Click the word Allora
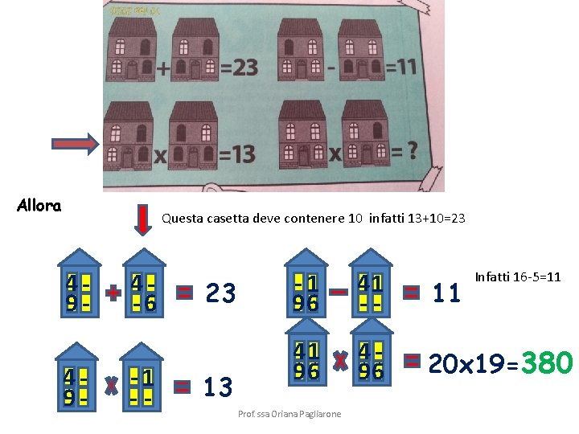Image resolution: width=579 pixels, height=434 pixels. pos(39,206)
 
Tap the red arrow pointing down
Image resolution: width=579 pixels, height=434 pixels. pos(142,220)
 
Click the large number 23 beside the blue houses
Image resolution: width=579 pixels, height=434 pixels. pos(220,293)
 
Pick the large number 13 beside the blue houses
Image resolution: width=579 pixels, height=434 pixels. pos(218,387)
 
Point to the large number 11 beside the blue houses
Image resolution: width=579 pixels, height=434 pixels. pos(447,293)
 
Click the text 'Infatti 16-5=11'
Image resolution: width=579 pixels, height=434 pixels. pos(518,277)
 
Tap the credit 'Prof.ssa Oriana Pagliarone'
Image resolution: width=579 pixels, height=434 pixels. pos(289,414)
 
